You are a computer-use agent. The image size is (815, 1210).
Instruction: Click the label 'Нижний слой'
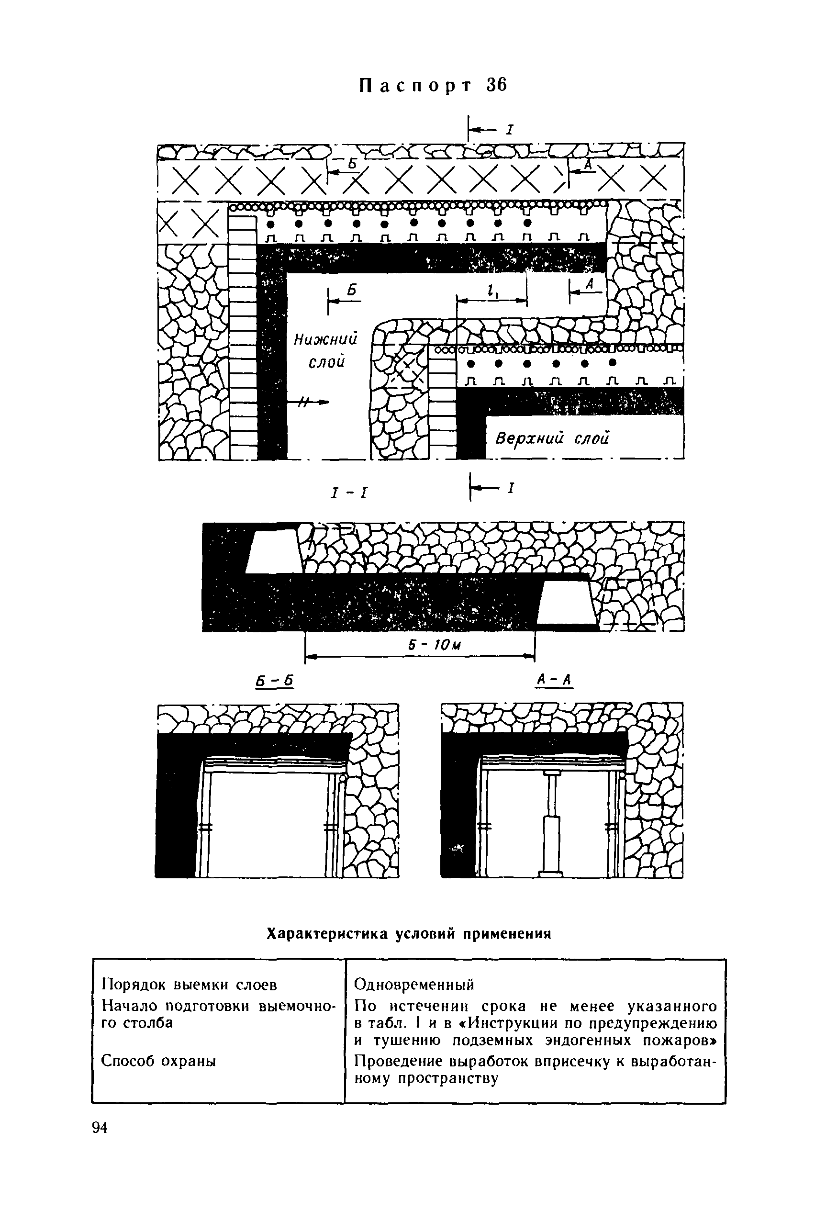[326, 351]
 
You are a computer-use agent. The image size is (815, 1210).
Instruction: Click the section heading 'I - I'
[349, 492]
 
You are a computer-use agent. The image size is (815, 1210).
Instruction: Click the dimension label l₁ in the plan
[490, 292]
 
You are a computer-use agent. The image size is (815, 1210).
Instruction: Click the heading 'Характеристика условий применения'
[408, 934]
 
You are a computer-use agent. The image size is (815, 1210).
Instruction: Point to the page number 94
[100, 1127]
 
